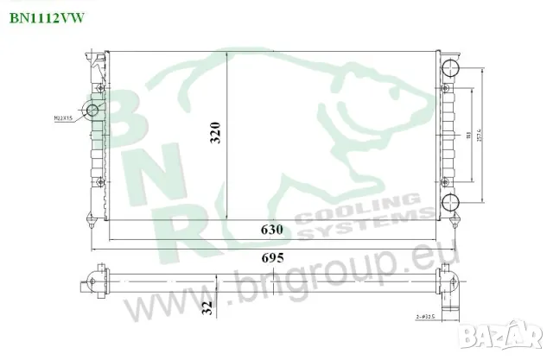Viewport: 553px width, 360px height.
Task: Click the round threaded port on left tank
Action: (92, 111)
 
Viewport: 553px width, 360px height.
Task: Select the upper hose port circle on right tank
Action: (449, 68)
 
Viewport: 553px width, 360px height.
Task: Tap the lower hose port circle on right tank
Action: (449, 203)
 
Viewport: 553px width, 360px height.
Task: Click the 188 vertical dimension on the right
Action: (467, 136)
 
